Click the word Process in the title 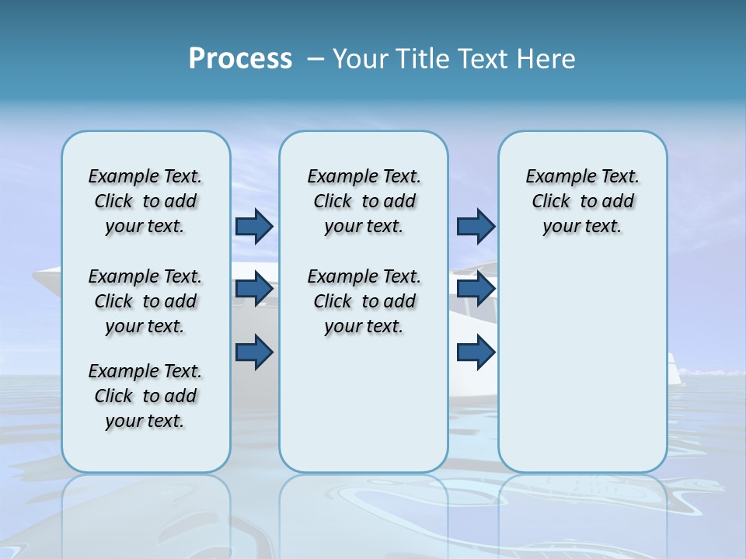point(240,59)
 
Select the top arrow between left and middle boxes point(254,227)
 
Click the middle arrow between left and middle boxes point(254,289)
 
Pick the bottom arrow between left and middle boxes point(254,352)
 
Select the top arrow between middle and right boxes point(476,227)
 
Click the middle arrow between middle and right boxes point(476,289)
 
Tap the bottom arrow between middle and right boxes point(476,352)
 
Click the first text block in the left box point(145,201)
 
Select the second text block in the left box point(145,301)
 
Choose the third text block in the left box point(145,396)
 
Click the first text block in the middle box point(364,201)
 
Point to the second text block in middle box point(364,301)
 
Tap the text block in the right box point(583,201)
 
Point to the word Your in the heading point(361,59)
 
